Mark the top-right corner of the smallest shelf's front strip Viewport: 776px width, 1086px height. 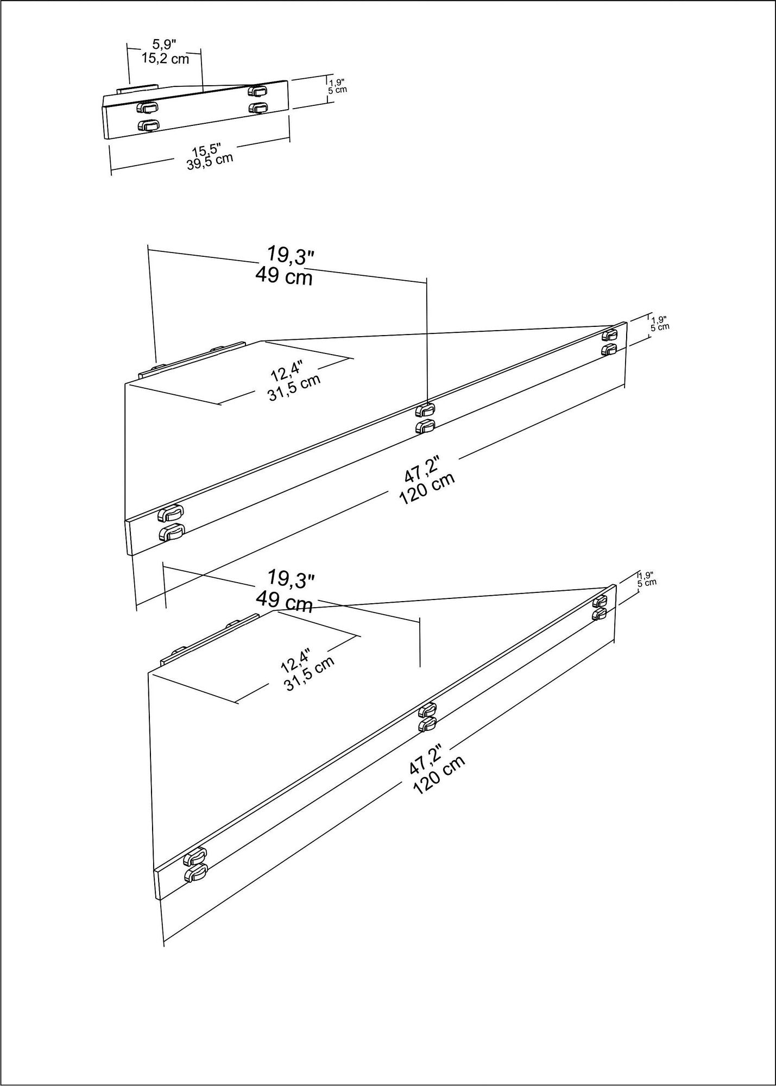click(287, 80)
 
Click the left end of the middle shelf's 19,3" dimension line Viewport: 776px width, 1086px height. click(148, 250)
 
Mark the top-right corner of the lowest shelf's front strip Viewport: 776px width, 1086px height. click(615, 584)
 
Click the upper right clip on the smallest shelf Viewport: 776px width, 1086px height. click(257, 90)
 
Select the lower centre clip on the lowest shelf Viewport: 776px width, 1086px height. click(427, 723)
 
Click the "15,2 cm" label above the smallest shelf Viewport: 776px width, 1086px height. click(165, 59)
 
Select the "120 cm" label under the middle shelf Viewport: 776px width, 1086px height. click(427, 488)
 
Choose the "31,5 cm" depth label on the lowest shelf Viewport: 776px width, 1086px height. click(308, 673)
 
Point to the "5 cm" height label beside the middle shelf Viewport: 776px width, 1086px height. click(660, 327)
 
